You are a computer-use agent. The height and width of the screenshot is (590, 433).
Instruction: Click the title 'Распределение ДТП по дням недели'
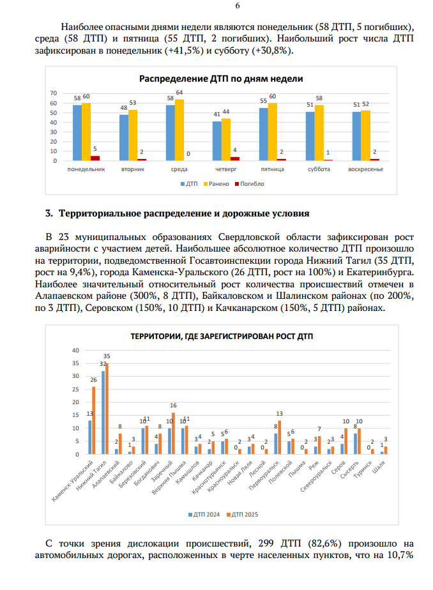[221, 79]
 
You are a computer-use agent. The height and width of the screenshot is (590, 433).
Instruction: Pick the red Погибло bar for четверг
[235, 158]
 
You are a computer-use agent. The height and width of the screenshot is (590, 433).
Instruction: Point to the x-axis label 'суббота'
[319, 169]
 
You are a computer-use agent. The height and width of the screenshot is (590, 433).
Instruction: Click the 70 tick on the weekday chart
[54, 93]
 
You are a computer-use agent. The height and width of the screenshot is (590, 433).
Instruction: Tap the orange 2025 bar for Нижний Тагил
[107, 409]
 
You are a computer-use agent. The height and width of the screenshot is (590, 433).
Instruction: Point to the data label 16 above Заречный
[173, 405]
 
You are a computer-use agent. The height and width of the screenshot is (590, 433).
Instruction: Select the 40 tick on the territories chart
[75, 351]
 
